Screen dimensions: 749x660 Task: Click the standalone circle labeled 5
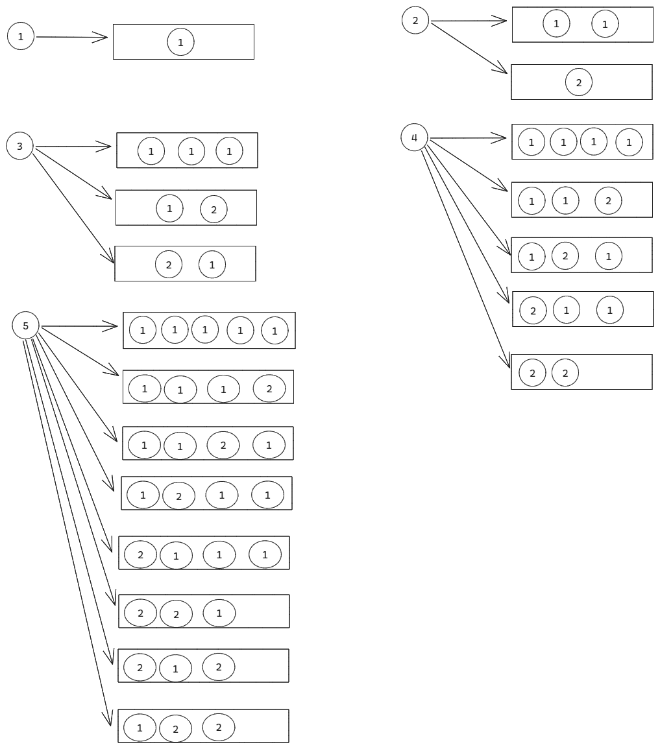pyautogui.click(x=26, y=326)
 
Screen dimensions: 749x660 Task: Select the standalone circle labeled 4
pyautogui.click(x=414, y=137)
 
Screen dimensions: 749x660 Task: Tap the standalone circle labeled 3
pyautogui.click(x=19, y=146)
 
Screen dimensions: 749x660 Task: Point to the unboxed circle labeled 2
pyautogui.click(x=415, y=20)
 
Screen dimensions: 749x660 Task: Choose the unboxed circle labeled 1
pyautogui.click(x=20, y=36)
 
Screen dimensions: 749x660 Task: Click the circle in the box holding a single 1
pyautogui.click(x=180, y=42)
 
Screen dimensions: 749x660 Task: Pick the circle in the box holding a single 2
pyautogui.click(x=578, y=82)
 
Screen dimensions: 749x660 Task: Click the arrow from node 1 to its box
pyautogui.click(x=71, y=37)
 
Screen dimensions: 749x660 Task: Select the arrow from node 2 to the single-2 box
pyautogui.click(x=469, y=47)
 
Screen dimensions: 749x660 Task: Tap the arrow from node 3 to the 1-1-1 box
pyautogui.click(x=73, y=147)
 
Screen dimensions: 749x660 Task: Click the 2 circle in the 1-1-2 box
pyautogui.click(x=608, y=200)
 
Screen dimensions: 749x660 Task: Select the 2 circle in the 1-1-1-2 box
pyautogui.click(x=269, y=388)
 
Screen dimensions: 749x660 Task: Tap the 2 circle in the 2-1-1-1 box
pyautogui.click(x=141, y=554)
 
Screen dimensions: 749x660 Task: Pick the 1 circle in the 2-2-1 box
pyautogui.click(x=219, y=613)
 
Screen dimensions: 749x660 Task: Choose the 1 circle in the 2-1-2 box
pyautogui.click(x=176, y=669)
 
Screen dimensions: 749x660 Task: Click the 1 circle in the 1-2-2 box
pyautogui.click(x=140, y=727)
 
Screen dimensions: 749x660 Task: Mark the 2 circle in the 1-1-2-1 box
pyautogui.click(x=223, y=445)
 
